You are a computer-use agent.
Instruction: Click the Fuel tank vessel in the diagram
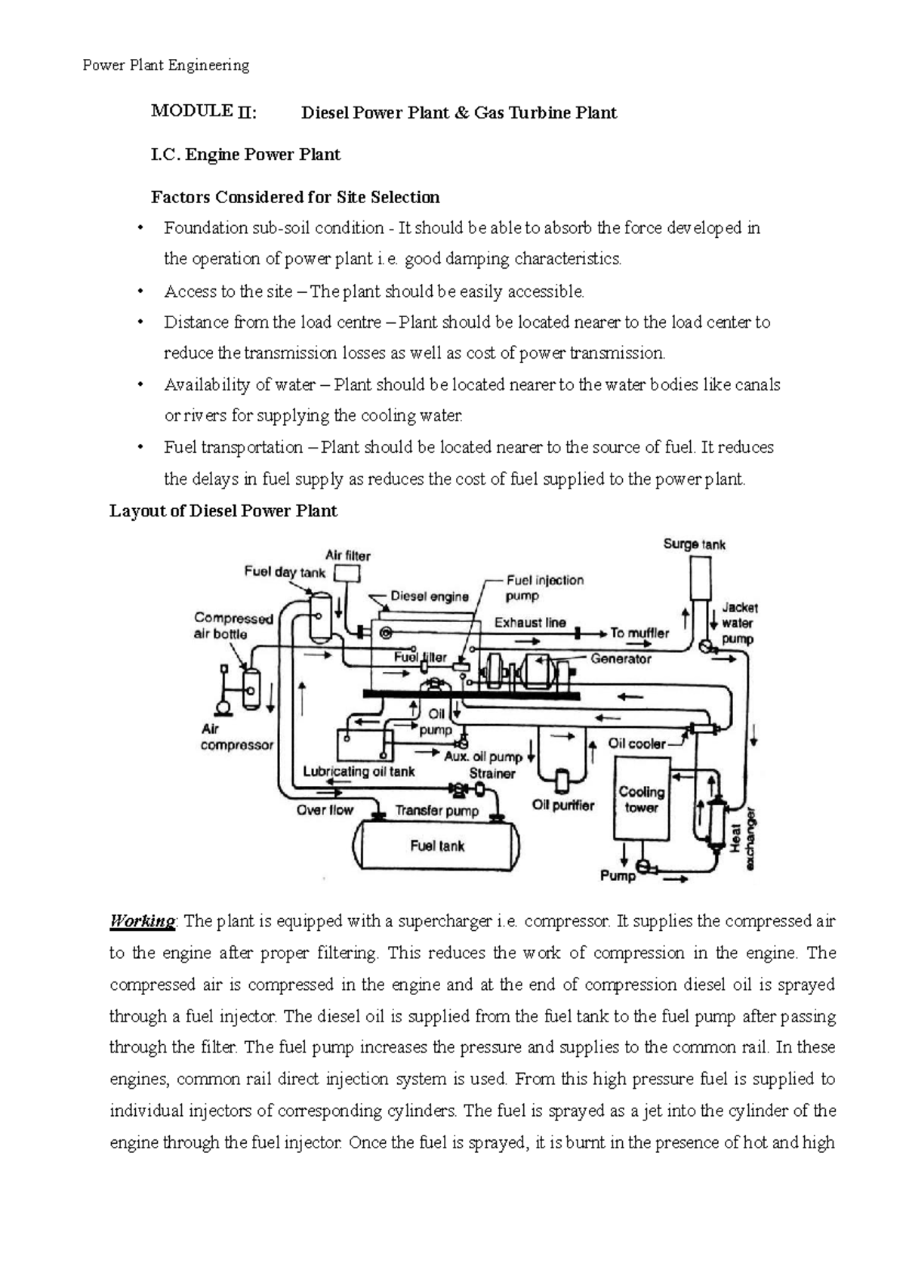pyautogui.click(x=438, y=846)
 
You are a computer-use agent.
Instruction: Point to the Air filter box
pyautogui.click(x=349, y=575)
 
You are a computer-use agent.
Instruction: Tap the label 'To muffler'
pyautogui.click(x=639, y=633)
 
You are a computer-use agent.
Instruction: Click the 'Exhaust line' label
pyautogui.click(x=530, y=623)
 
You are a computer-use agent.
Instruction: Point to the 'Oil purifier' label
pyautogui.click(x=563, y=805)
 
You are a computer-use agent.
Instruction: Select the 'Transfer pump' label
pyautogui.click(x=437, y=811)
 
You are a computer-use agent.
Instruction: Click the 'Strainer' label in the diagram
pyautogui.click(x=492, y=773)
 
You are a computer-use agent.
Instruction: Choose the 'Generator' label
pyautogui.click(x=621, y=658)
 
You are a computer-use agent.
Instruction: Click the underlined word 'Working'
pyautogui.click(x=142, y=921)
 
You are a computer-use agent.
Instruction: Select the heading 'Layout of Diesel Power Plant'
pyautogui.click(x=223, y=511)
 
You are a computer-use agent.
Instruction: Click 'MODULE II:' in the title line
pyautogui.click(x=204, y=112)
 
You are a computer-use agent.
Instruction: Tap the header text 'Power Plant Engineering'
pyautogui.click(x=165, y=65)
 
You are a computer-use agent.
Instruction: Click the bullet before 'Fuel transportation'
pyautogui.click(x=140, y=448)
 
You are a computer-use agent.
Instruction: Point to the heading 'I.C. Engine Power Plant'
pyautogui.click(x=246, y=155)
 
